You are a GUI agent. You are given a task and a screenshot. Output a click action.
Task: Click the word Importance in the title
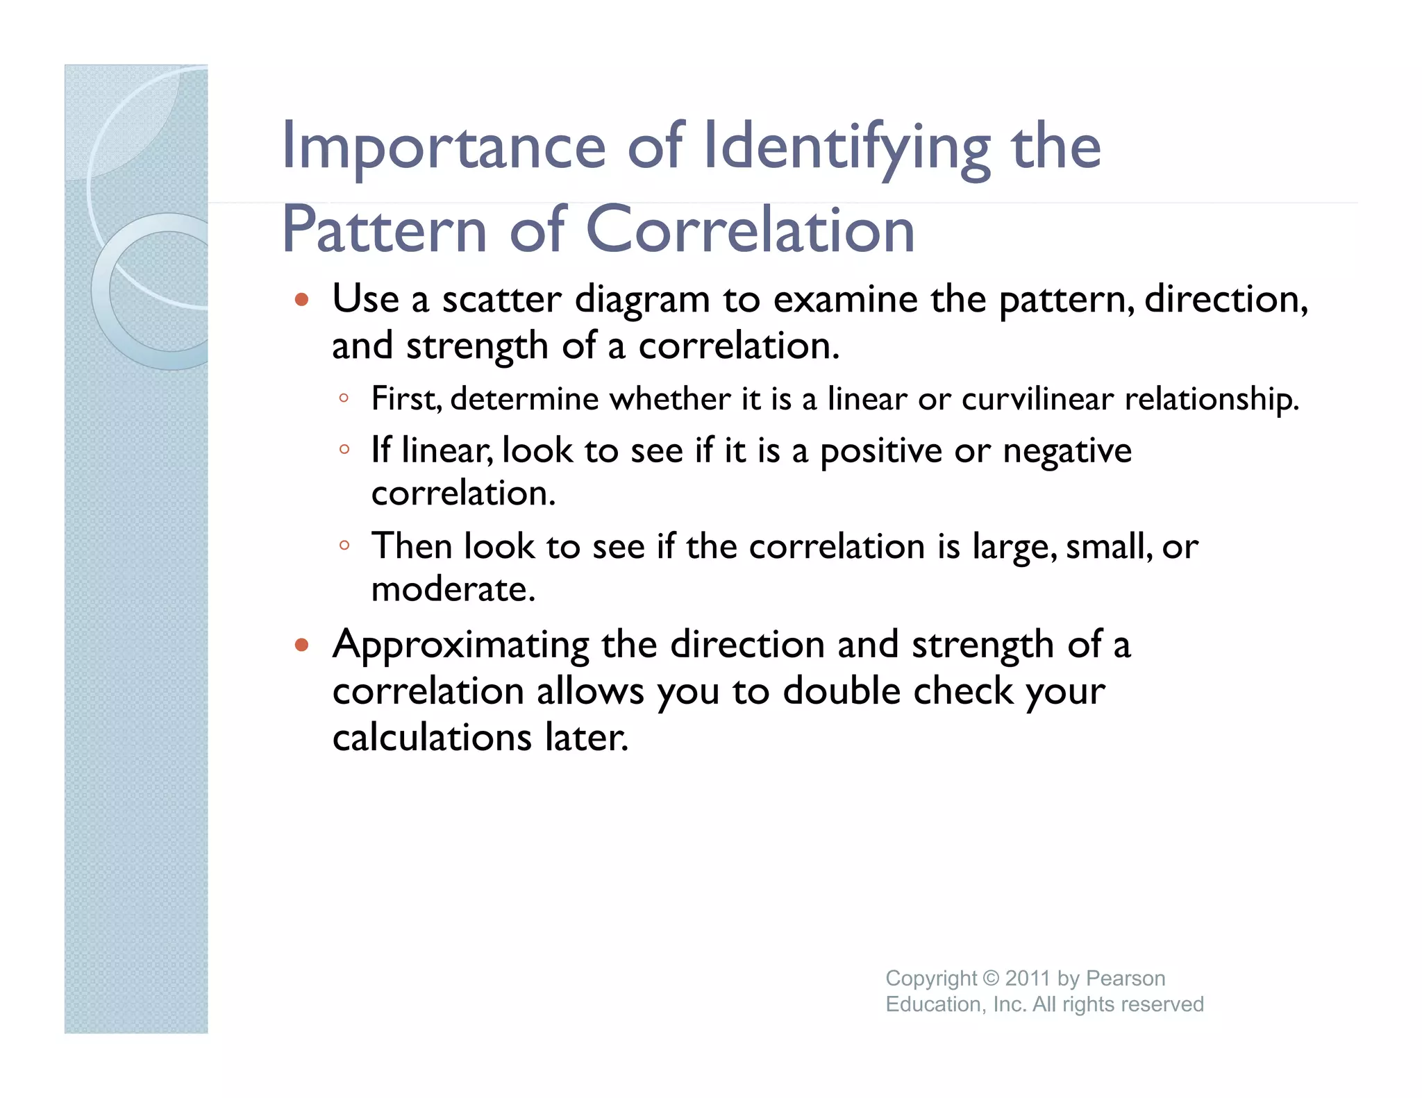coord(444,147)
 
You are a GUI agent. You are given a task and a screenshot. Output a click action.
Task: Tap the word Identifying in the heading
coord(846,147)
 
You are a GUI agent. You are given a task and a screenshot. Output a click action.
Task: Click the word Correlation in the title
coord(750,230)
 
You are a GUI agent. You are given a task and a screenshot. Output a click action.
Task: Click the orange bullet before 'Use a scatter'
coord(301,301)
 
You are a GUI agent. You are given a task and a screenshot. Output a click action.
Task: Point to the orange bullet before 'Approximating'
coord(301,645)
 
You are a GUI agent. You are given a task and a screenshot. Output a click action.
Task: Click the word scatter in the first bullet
coord(501,300)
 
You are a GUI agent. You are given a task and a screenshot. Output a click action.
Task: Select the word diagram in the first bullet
coord(642,301)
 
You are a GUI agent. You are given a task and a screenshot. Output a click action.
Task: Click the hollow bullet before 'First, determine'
coord(344,398)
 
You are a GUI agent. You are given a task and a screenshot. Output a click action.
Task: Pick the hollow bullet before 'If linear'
coord(344,450)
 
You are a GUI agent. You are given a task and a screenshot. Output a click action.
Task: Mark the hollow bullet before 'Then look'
coord(344,546)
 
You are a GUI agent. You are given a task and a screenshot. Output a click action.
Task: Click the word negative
coord(1067,452)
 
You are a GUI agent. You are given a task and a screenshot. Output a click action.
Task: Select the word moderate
coord(453,589)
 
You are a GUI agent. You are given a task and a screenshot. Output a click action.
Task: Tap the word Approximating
coord(460,645)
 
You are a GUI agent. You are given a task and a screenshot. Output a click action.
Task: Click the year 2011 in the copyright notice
coord(1027,978)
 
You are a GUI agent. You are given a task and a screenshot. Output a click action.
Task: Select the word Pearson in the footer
coord(1125,978)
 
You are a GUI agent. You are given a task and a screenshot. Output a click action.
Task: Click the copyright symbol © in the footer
coord(991,978)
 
